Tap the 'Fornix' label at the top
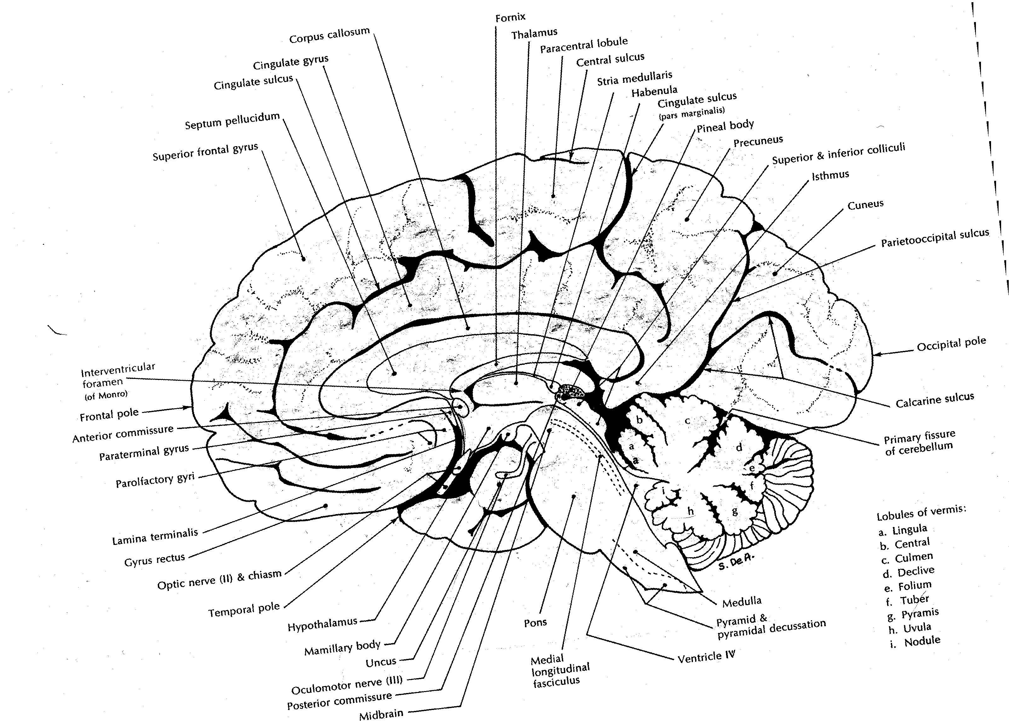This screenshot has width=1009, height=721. pos(510,17)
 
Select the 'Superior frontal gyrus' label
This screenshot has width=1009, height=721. pos(205,152)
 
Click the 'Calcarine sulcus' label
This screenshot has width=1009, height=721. pos(934,400)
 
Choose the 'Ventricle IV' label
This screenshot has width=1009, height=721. pos(706,656)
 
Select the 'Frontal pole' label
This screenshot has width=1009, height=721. pos(109,415)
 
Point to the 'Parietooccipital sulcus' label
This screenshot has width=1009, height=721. pos(935,237)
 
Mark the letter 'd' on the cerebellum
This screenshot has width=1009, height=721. pos(739,448)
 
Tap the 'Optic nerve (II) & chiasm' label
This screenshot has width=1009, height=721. pos(219,579)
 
